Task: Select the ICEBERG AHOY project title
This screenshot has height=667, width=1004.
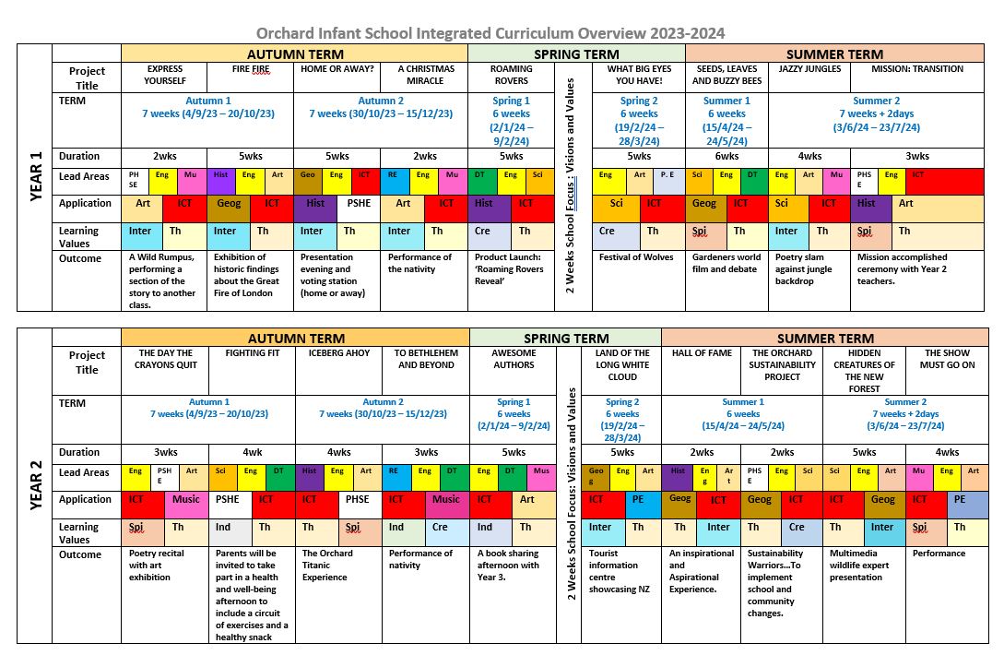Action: pos(338,353)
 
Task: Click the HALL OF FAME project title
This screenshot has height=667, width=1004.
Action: pos(702,353)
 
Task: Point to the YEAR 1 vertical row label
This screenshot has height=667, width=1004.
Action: pos(36,177)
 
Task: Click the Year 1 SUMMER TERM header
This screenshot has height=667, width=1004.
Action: pos(834,54)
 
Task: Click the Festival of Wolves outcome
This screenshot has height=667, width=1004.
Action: pos(636,258)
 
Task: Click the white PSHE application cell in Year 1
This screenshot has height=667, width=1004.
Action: pos(358,203)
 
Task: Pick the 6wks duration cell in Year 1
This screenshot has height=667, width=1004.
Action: pos(726,156)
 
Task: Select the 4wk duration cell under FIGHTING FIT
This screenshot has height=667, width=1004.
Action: pos(252,452)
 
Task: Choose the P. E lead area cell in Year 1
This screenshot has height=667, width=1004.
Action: pos(667,175)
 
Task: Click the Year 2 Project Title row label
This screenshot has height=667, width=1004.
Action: pos(87,363)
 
